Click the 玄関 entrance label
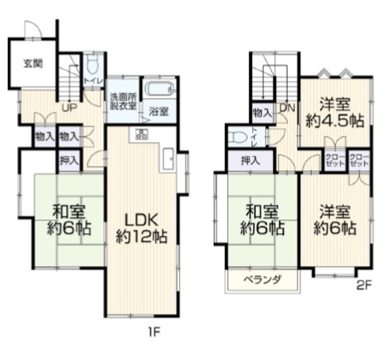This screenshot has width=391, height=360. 33,64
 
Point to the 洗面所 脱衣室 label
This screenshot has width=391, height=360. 123,101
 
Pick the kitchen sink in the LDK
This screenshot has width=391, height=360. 169,159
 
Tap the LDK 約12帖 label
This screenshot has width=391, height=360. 141,228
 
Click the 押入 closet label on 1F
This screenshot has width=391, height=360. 69,160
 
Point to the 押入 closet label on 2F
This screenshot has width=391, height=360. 250,160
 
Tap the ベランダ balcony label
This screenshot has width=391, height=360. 263,280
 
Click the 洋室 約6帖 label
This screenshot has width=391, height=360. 335,220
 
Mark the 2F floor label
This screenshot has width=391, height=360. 364,285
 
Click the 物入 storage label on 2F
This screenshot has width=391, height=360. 262,113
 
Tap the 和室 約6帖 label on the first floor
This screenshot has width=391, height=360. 69,220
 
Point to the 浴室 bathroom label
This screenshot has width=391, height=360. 159,111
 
